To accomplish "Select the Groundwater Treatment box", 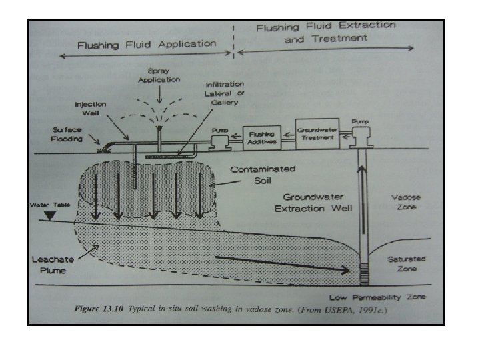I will click(317, 135).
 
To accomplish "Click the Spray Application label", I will click(159, 76).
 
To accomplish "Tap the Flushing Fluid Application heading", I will click(147, 45).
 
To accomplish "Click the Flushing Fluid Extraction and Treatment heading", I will click(325, 32).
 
